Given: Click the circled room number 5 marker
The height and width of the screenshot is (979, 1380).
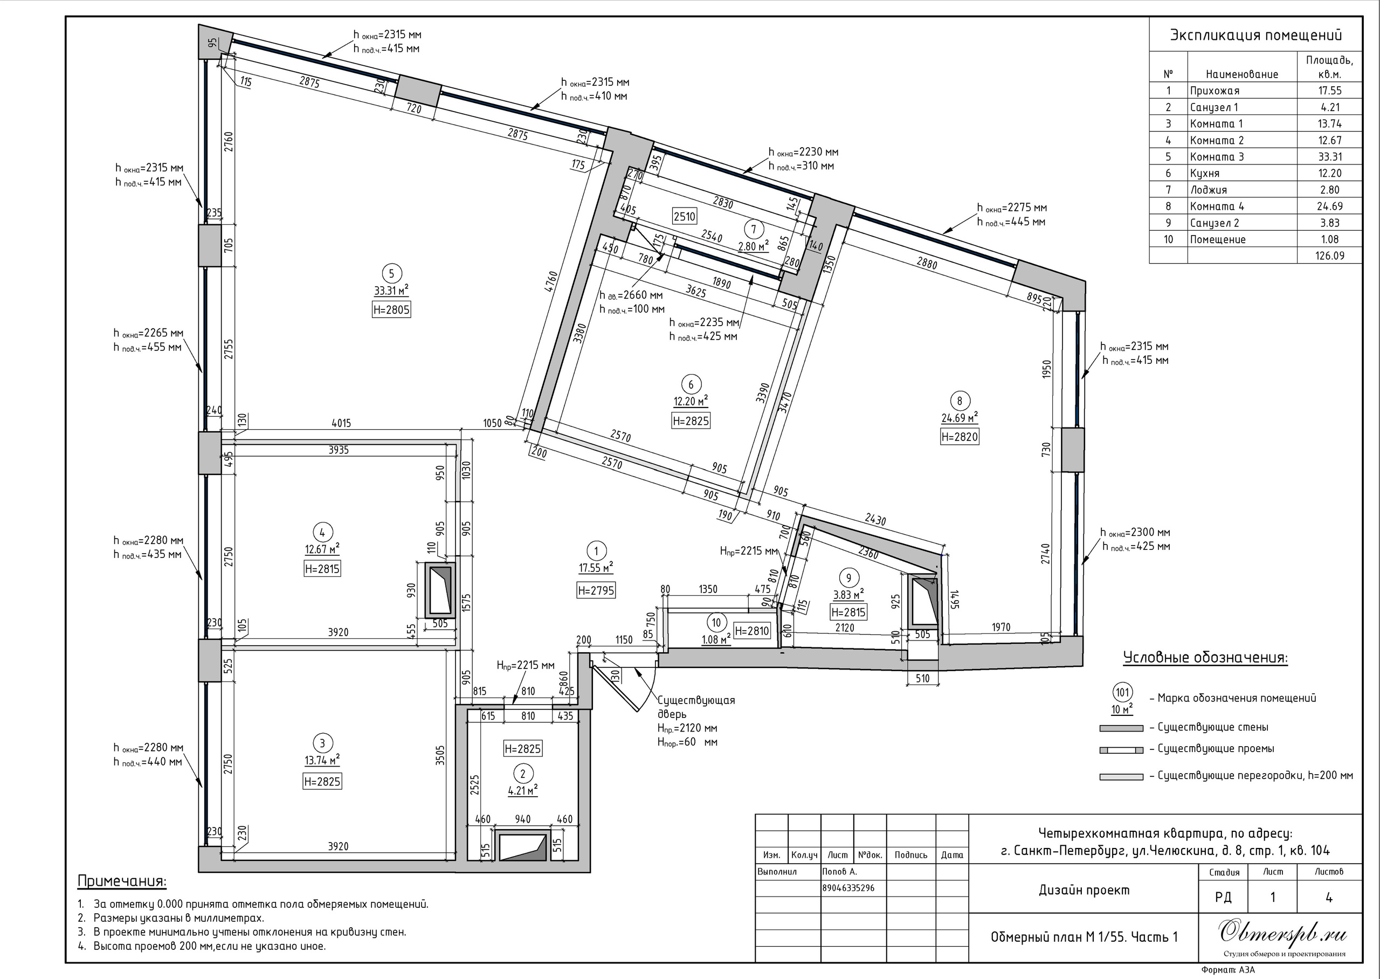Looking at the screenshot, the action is [391, 274].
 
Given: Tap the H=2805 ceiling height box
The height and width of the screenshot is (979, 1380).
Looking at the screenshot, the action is [391, 310].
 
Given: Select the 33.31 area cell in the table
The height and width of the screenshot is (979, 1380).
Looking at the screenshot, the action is [1329, 157].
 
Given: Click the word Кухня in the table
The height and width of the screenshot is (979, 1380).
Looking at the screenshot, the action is [1205, 174].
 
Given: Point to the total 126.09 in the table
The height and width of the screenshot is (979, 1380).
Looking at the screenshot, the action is [1329, 256].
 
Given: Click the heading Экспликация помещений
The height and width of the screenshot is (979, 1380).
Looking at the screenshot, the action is [1256, 35].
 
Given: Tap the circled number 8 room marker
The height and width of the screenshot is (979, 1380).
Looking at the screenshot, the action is [960, 401].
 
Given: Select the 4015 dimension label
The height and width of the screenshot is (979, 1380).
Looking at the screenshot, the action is [341, 423].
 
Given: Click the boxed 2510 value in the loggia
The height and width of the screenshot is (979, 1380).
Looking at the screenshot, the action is [685, 216].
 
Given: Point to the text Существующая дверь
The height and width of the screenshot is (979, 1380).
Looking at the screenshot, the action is [696, 707].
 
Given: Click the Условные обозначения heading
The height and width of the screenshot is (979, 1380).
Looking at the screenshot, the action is [1205, 658].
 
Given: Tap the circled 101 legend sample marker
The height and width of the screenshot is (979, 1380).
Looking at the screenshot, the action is [1122, 693].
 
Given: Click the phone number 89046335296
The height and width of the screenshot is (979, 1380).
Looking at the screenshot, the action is [848, 888].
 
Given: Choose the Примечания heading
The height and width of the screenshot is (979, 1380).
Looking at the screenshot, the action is [122, 881].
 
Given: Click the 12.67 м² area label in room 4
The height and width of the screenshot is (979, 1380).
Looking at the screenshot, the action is [322, 549].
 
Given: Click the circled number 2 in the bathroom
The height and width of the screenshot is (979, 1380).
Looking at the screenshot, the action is [522, 774].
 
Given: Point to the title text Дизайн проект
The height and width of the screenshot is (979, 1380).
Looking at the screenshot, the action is [1084, 891].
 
